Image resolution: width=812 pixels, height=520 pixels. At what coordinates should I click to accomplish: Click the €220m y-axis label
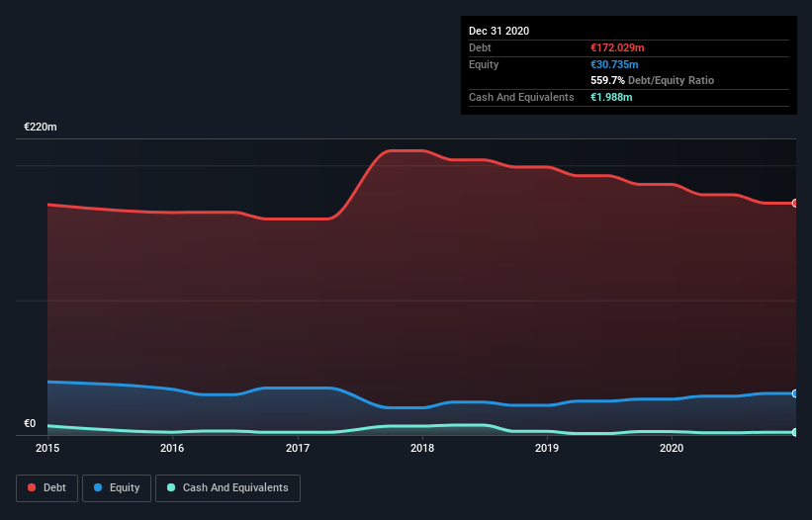41,128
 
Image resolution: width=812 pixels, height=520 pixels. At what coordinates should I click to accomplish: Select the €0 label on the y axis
30,424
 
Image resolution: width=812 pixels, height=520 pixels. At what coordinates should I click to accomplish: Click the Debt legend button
46,487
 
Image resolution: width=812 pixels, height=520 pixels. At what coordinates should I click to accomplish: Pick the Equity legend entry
117,487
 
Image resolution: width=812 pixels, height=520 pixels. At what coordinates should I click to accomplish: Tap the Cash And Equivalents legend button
227,487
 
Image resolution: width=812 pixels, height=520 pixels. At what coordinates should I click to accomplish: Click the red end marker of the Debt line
794,203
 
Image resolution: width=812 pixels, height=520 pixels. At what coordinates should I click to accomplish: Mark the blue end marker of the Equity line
794,393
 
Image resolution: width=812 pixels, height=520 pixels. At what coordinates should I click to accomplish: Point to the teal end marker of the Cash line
794,432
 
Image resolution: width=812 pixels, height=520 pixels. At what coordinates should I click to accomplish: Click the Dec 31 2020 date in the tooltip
498,31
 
